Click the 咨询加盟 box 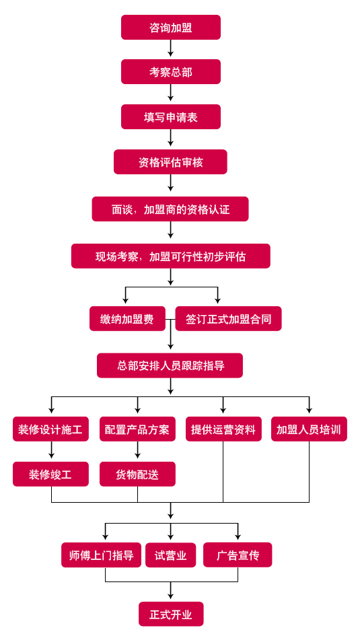pyautogui.click(x=171, y=27)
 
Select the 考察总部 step pyautogui.click(x=171, y=72)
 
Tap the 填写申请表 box pyautogui.click(x=171, y=117)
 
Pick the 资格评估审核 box pyautogui.click(x=170, y=162)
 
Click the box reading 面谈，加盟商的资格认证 pyautogui.click(x=170, y=209)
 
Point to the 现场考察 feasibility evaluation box pyautogui.click(x=171, y=256)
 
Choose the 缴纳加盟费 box pyautogui.click(x=127, y=319)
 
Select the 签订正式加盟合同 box pyautogui.click(x=228, y=319)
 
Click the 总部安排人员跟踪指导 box pyautogui.click(x=170, y=365)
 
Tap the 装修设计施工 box pyautogui.click(x=50, y=429)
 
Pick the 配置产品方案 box pyautogui.click(x=137, y=429)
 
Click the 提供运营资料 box pyautogui.click(x=223, y=429)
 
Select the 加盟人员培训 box pyautogui.click(x=309, y=429)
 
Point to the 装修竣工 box pyautogui.click(x=50, y=474)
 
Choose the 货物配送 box pyautogui.click(x=137, y=474)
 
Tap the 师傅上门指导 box pyautogui.click(x=102, y=555)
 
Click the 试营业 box pyautogui.click(x=171, y=555)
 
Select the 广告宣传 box pyautogui.click(x=238, y=555)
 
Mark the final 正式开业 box pyautogui.click(x=171, y=614)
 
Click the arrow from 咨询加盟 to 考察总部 pyautogui.click(x=171, y=48)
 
